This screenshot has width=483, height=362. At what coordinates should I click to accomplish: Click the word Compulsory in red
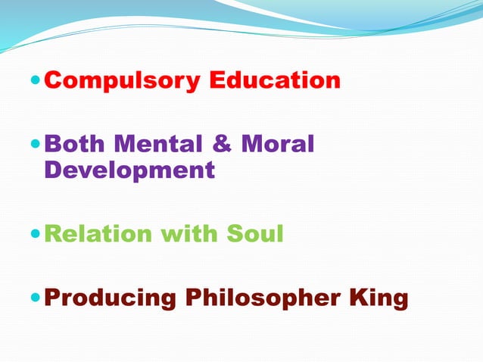pos(123,80)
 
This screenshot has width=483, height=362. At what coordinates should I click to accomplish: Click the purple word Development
pos(129,170)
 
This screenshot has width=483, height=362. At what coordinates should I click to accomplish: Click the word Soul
pos(255,234)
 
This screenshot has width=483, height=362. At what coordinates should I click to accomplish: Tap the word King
pos(381,298)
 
